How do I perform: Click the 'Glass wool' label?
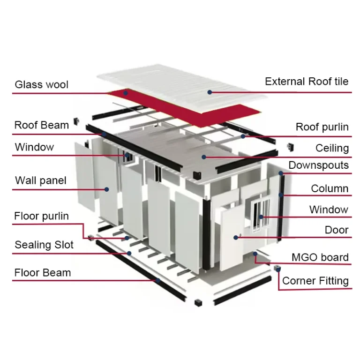tap(41, 85)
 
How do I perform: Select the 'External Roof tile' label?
tap(307, 82)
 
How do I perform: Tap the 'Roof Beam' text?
tap(41, 125)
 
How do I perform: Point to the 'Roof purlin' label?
tap(322, 127)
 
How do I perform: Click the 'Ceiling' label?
tap(332, 148)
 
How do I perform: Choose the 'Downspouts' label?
tap(318, 165)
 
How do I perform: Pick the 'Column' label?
tap(330, 188)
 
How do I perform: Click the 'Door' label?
tap(337, 230)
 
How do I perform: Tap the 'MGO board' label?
tap(320, 257)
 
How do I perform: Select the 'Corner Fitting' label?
tap(315, 281)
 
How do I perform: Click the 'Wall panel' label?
tap(40, 180)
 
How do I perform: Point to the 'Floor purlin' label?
tap(41, 216)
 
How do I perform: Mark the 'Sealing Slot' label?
tap(44, 245)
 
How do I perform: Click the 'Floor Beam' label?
tap(43, 273)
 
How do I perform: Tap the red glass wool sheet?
tap(187, 110)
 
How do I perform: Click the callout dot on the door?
tap(236, 238)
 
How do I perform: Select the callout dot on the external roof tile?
tap(210, 92)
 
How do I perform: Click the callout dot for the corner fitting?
tap(278, 269)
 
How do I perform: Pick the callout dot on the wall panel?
tap(107, 189)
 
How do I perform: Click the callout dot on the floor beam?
tap(158, 281)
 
